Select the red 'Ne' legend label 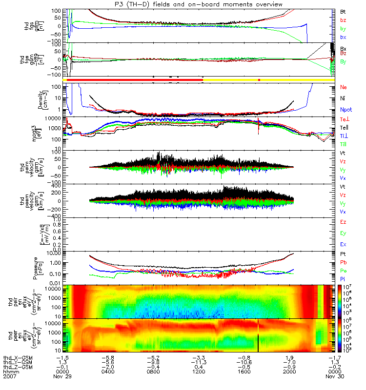tap(344, 87)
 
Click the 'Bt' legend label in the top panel tap(343, 11)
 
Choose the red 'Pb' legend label tap(344, 262)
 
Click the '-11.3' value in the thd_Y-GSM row tap(199, 362)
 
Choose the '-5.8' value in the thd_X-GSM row tap(108, 357)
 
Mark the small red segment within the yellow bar tap(259, 79)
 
